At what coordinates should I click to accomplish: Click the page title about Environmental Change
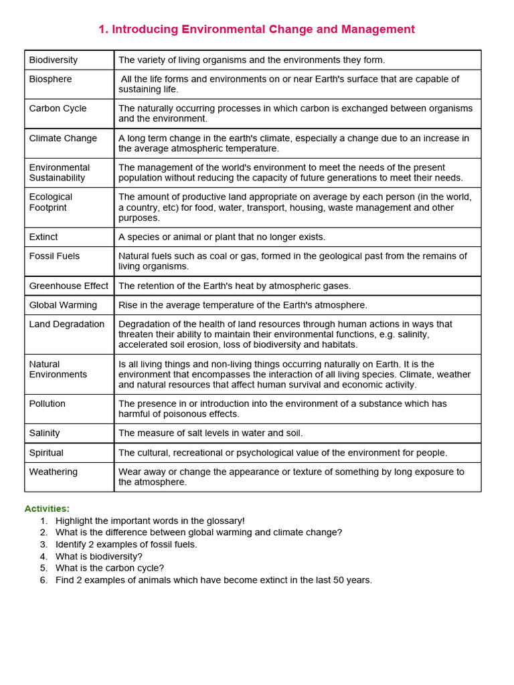coord(256,29)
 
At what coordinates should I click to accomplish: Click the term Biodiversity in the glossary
coord(54,60)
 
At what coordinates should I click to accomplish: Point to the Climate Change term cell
coord(63,138)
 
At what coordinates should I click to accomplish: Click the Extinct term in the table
coord(44,237)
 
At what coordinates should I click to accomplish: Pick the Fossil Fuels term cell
coord(54,256)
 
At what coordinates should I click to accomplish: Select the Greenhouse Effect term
coord(68,286)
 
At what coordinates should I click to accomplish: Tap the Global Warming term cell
coord(63,305)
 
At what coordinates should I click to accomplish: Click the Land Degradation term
coord(67,324)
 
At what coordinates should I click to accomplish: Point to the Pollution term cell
coord(48,404)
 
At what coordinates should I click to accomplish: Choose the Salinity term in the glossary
coord(44,433)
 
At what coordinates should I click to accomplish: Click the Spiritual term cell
coord(46,453)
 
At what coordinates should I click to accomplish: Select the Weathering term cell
coord(54,472)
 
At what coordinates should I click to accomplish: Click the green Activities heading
coord(47,508)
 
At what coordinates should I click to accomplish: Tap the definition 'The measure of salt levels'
coord(210,433)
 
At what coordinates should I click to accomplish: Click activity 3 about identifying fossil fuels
coord(126,545)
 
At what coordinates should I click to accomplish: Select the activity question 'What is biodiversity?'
coord(99,557)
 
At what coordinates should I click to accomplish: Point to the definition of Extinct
coord(222,237)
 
